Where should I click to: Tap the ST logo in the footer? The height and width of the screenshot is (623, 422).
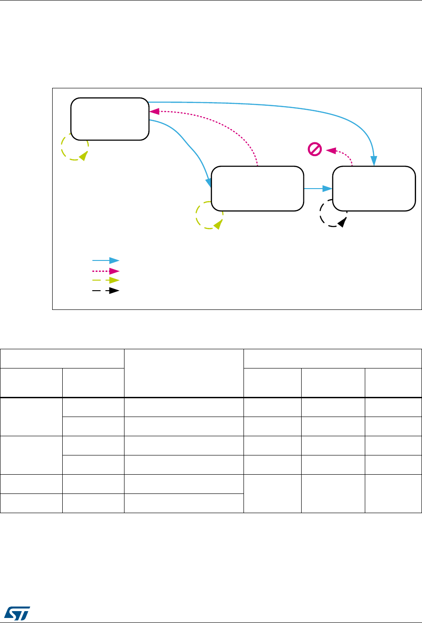click(x=16, y=612)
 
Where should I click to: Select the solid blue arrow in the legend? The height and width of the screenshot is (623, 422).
click(x=106, y=260)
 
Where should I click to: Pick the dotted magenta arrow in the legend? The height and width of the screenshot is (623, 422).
click(x=106, y=270)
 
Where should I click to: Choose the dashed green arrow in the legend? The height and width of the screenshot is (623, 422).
click(x=106, y=280)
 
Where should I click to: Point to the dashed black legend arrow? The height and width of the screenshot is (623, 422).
click(x=106, y=290)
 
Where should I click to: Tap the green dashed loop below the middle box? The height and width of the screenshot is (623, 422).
click(x=209, y=216)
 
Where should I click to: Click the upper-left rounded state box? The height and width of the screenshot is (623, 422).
click(x=110, y=119)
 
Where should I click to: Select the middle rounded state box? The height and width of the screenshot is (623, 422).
click(x=257, y=189)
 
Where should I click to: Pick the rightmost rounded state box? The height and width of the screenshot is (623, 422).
click(x=374, y=189)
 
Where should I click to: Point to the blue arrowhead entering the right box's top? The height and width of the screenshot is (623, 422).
click(x=374, y=162)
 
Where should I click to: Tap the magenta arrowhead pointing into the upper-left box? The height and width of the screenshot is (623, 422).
click(x=154, y=111)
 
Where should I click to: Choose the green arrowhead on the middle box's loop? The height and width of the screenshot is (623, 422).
click(x=218, y=224)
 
